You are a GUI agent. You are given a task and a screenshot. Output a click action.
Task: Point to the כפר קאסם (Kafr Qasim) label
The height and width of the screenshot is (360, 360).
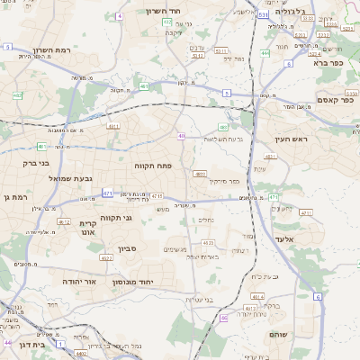click(335, 100)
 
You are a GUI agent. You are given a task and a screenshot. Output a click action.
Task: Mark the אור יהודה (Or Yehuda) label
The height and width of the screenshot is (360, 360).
click(60, 281)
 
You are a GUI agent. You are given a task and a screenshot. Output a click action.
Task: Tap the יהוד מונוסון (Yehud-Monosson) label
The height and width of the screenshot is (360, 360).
click(135, 283)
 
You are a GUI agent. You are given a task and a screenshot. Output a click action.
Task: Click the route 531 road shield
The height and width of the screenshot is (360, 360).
click(262, 15)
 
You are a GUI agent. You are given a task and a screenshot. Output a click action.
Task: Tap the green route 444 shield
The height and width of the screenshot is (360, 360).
click(265, 53)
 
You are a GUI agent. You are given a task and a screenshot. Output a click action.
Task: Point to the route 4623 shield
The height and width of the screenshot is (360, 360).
click(208, 242)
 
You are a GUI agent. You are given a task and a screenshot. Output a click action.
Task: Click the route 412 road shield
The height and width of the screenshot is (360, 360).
click(63, 220)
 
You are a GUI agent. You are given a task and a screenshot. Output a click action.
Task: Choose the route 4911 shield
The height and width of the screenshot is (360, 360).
click(114, 126)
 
